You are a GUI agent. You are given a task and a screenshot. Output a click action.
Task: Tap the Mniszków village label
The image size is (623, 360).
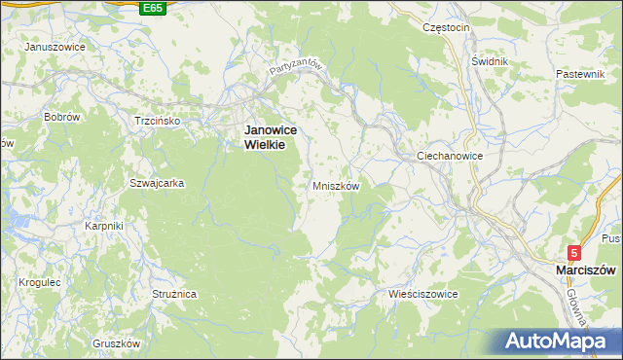pyautogui.click(x=336, y=186)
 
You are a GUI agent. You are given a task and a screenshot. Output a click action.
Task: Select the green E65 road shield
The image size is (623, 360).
pyautogui.click(x=152, y=8)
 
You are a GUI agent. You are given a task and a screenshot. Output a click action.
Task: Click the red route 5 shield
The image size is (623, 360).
pyautogui.click(x=575, y=252)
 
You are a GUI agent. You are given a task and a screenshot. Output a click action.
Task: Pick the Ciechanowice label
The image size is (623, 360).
pyautogui.click(x=450, y=156)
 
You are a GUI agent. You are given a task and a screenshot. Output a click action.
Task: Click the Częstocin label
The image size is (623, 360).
pyautogui.click(x=446, y=27)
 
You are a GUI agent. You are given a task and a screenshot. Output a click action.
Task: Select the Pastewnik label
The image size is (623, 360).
pyautogui.click(x=580, y=74)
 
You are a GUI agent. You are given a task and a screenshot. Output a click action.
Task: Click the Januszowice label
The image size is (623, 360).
pyautogui.click(x=54, y=47)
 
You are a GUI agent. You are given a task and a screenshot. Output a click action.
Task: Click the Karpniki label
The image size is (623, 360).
pyautogui.click(x=103, y=227)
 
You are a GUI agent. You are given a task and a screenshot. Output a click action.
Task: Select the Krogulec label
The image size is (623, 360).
pyautogui.click(x=40, y=282)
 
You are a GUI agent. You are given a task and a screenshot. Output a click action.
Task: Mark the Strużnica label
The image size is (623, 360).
pyautogui.click(x=175, y=293)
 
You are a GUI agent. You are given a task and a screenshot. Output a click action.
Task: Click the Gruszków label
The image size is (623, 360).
pyautogui.click(x=117, y=343)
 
